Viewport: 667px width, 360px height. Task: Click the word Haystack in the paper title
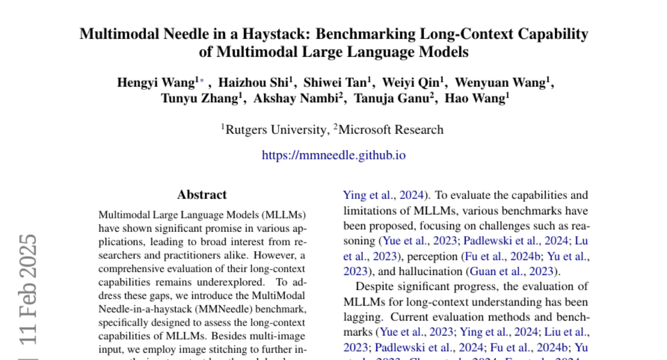coord(276,34)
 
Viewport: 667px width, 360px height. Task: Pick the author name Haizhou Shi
coord(253,83)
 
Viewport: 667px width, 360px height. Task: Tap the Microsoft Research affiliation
coord(391,130)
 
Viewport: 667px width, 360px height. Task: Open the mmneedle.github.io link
coord(333,155)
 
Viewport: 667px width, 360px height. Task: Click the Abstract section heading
coord(202,195)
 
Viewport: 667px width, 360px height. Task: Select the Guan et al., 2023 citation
coord(511,271)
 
